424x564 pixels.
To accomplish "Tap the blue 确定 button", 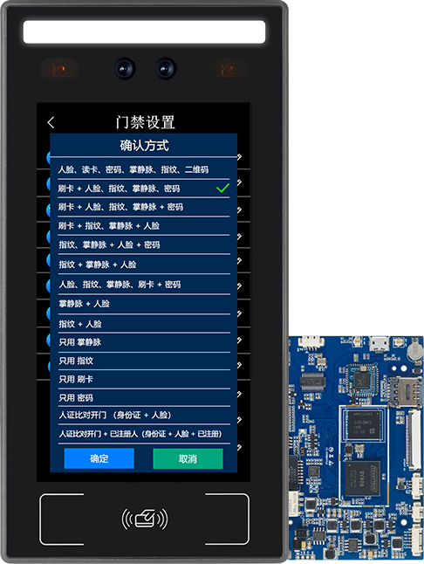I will tap(99, 458).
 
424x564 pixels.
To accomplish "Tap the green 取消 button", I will tap(188, 458).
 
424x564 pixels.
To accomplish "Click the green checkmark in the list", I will tap(222, 188).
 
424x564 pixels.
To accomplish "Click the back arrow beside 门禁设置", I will tap(51, 122).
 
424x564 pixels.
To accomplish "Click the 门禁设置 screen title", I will tap(145, 122).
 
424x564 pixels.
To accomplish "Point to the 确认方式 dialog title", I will tap(144, 145).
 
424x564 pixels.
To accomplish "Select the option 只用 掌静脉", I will tap(80, 342).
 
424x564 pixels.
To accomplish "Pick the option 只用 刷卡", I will tap(76, 380).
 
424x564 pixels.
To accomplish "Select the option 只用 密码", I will tap(76, 398).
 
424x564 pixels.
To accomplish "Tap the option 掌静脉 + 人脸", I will tap(84, 304).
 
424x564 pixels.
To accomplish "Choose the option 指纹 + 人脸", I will tap(79, 323).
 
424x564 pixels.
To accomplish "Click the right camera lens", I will tap(165, 67).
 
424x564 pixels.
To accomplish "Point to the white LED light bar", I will tap(144, 32).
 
